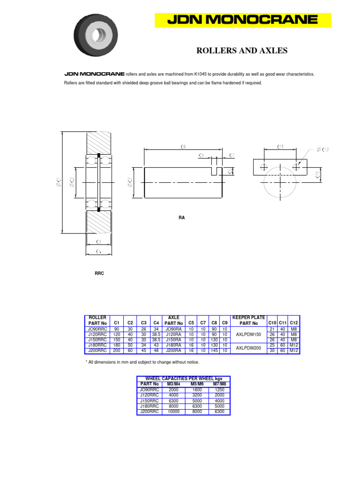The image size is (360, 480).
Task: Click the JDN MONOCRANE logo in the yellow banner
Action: [x=243, y=20]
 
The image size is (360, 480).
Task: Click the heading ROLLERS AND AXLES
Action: [x=241, y=51]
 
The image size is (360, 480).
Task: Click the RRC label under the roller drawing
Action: [x=99, y=273]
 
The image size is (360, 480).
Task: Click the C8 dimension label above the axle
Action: [x=183, y=147]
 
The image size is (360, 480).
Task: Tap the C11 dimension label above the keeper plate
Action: [x=280, y=147]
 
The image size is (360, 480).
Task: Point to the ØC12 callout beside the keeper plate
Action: [x=323, y=150]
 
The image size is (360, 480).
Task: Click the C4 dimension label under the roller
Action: [x=98, y=252]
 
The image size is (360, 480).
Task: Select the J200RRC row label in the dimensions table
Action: [x=97, y=351]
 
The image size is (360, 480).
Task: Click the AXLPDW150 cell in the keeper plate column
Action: [x=248, y=335]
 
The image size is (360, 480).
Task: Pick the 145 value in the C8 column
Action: [x=214, y=351]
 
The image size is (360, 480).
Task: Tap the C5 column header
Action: [x=191, y=323]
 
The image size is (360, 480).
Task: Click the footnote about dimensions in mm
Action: [x=142, y=362]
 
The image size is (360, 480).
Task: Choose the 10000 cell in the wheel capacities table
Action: [x=173, y=412]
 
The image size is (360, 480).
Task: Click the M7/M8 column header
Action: [x=219, y=384]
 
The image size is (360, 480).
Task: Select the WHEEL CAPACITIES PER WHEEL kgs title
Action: [x=184, y=378]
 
